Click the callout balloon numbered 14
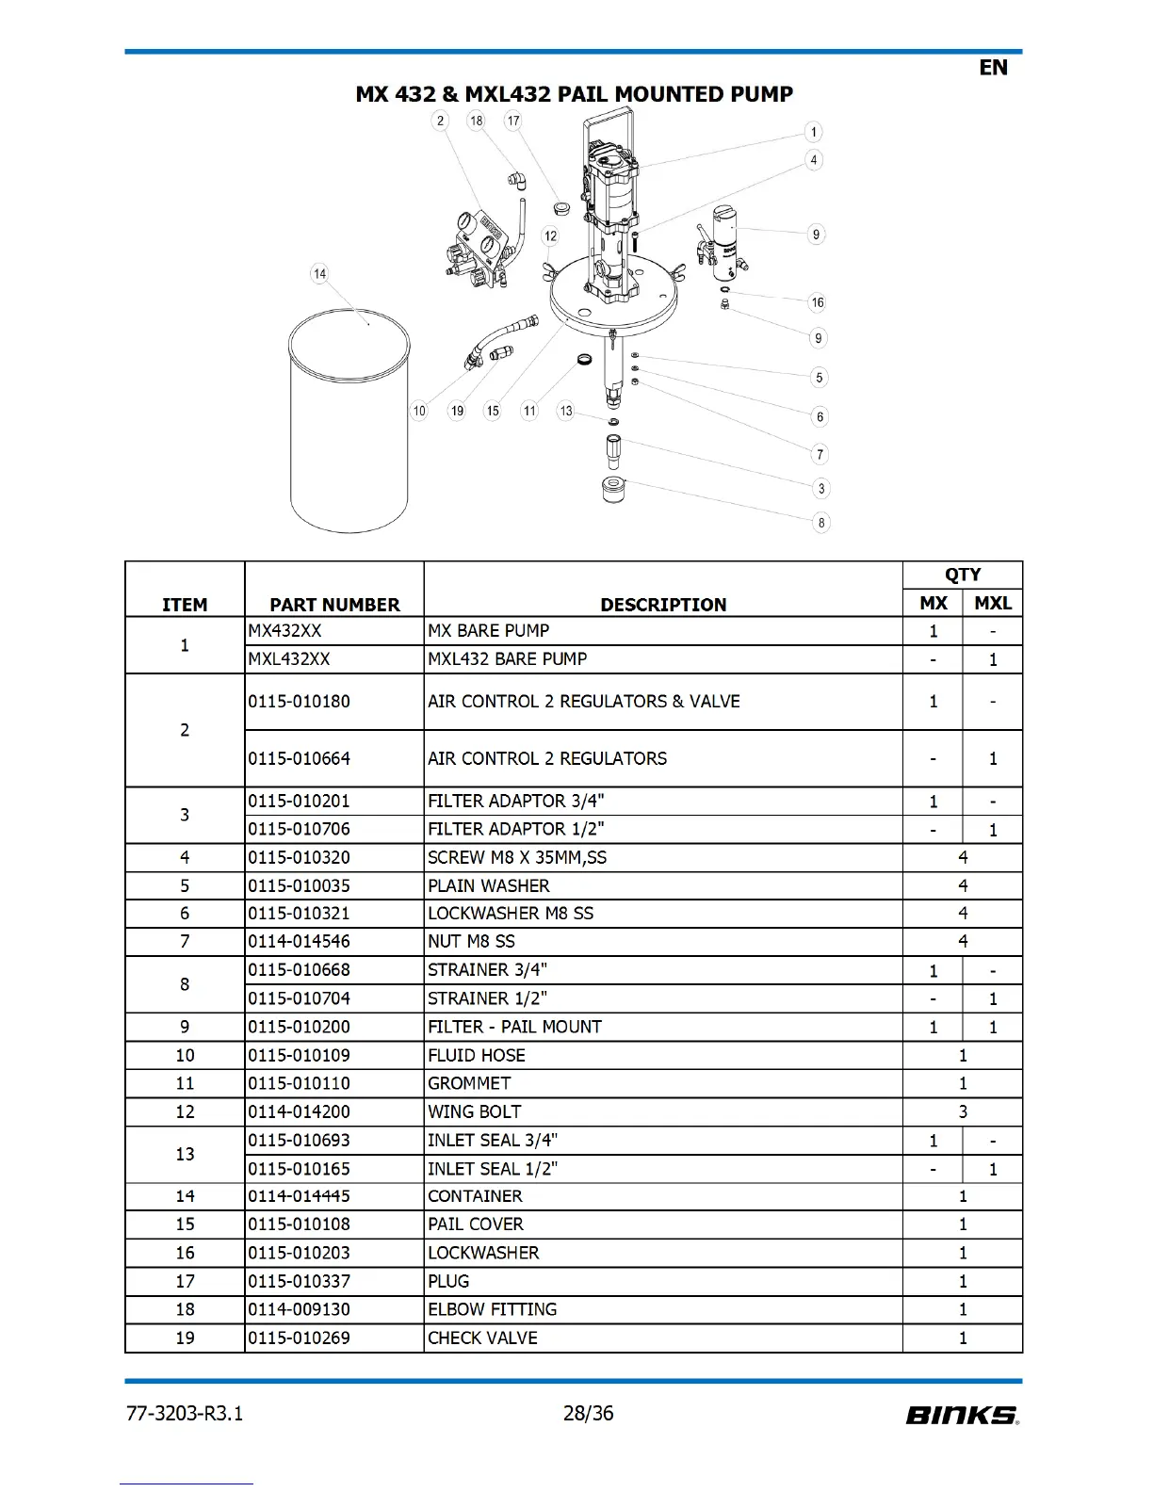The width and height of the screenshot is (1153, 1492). click(319, 274)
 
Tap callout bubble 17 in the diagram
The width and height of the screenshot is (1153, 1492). click(512, 121)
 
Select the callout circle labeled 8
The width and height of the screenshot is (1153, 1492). click(821, 523)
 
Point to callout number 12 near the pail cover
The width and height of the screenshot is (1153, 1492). click(550, 236)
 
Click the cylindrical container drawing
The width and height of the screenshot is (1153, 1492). click(349, 424)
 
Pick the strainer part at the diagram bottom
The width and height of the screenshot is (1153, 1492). click(613, 489)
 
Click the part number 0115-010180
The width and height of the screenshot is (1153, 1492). click(300, 702)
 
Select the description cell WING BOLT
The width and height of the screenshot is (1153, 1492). click(475, 1112)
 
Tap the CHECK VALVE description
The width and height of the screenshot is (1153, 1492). click(482, 1338)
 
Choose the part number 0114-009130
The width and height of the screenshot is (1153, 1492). click(300, 1310)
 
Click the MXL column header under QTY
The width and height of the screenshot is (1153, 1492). click(993, 604)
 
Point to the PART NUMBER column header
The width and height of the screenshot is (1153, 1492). click(334, 605)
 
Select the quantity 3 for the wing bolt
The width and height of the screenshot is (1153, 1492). click(963, 1112)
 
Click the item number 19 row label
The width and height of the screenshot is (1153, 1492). click(185, 1338)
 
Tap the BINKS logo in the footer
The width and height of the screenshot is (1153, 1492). click(962, 1415)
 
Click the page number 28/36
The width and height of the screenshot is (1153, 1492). click(588, 1414)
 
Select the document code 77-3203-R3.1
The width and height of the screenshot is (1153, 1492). click(185, 1414)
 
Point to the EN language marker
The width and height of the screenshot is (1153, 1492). click(993, 68)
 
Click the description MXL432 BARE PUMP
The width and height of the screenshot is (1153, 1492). click(508, 659)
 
